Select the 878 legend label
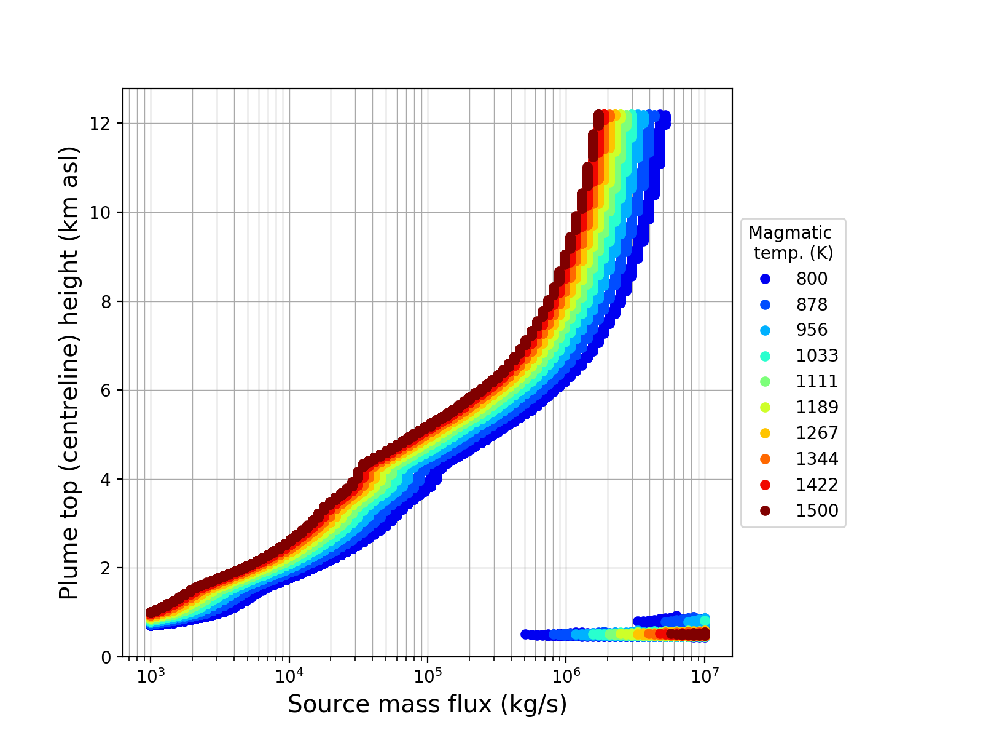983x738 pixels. tap(812, 305)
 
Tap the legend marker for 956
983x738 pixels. tap(765, 330)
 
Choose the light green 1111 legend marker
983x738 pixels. tap(765, 382)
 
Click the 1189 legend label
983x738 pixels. tap(817, 408)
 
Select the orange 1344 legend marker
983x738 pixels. tap(765, 459)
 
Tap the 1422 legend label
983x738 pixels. tap(817, 485)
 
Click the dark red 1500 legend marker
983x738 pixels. tap(765, 511)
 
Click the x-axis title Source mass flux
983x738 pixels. tap(427, 705)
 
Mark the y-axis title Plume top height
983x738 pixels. tap(69, 373)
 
